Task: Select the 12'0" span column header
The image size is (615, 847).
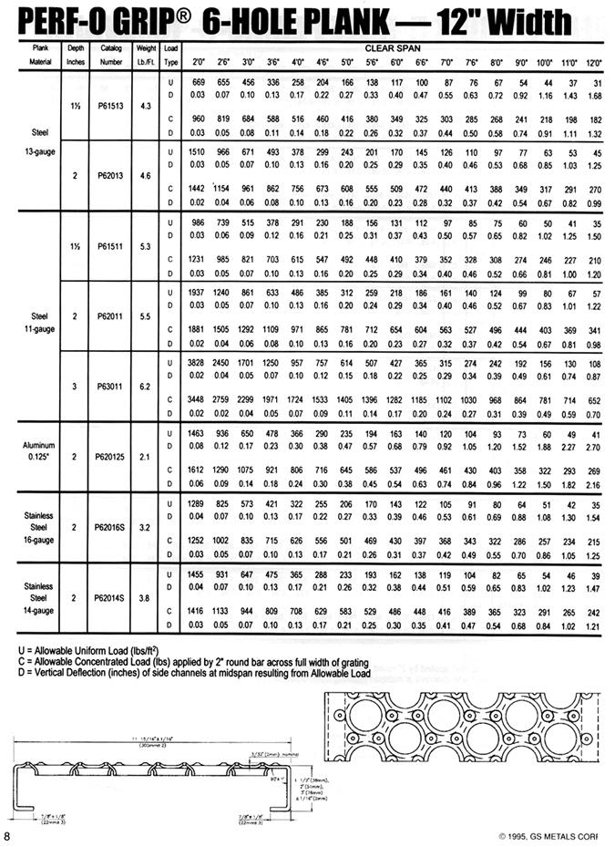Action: [594, 62]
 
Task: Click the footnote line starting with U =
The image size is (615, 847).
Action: [81, 648]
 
